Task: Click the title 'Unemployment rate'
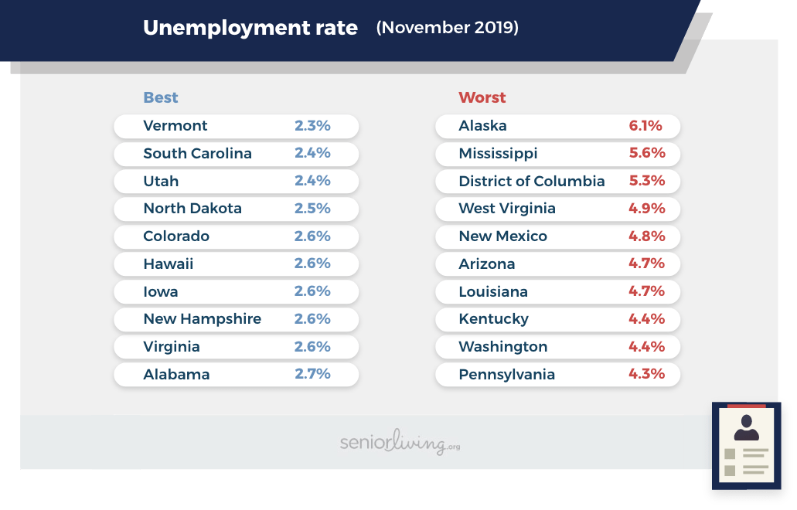250,29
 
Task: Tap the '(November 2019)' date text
447,28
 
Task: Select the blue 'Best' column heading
160,97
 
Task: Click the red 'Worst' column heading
482,97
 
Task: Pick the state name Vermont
175,126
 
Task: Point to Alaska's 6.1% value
645,126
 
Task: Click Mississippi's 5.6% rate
647,153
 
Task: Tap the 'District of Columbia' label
531,181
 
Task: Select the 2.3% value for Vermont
312,126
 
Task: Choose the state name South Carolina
197,153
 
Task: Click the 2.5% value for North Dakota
312,209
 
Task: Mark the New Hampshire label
202,319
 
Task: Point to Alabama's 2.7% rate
312,374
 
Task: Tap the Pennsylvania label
506,375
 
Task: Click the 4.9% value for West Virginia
647,209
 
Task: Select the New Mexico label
502,236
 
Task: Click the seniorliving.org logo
400,443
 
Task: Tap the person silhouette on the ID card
746,428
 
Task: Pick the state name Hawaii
168,264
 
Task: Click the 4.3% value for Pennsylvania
647,374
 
